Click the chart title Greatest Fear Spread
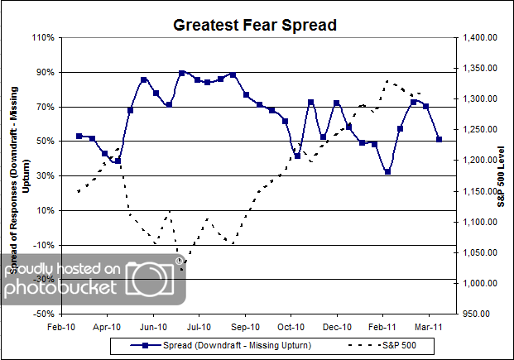pos(255,25)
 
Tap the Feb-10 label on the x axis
pos(63,326)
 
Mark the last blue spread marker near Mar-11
pos(439,139)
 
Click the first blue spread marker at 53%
pos(79,136)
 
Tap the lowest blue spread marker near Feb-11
pos(387,171)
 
